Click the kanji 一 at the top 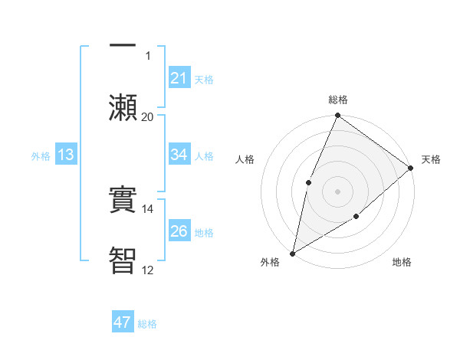pyautogui.click(x=123, y=46)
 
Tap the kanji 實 pyautogui.click(x=123, y=201)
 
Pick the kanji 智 pyautogui.click(x=123, y=260)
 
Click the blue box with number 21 pyautogui.click(x=179, y=77)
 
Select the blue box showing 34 pyautogui.click(x=179, y=155)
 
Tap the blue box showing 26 pyautogui.click(x=179, y=231)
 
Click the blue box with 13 pyautogui.click(x=66, y=155)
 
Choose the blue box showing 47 pyautogui.click(x=123, y=322)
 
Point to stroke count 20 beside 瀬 pyautogui.click(x=147, y=116)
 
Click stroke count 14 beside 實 pyautogui.click(x=147, y=208)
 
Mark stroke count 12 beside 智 pyautogui.click(x=147, y=270)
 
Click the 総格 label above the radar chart pyautogui.click(x=338, y=100)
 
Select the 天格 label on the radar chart pyautogui.click(x=431, y=159)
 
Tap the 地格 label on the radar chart pyautogui.click(x=402, y=262)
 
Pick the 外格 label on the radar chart pyautogui.click(x=270, y=262)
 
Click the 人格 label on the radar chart pyautogui.click(x=245, y=159)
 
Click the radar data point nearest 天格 pyautogui.click(x=411, y=168)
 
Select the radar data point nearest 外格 pyautogui.click(x=292, y=253)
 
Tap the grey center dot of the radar pyautogui.click(x=337, y=191)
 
